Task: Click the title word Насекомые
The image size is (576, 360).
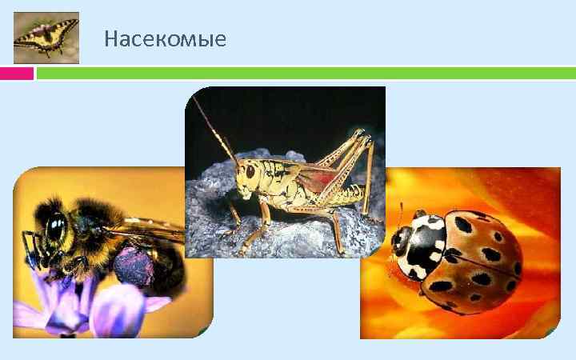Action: tap(165, 38)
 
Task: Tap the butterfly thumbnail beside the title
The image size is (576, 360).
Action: tap(46, 38)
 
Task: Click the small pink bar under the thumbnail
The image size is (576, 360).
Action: tap(17, 74)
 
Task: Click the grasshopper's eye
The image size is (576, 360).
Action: tap(250, 170)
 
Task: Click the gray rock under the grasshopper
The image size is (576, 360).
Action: tap(304, 236)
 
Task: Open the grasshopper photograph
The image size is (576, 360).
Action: tap(285, 171)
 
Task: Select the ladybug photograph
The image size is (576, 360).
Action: tap(460, 252)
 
